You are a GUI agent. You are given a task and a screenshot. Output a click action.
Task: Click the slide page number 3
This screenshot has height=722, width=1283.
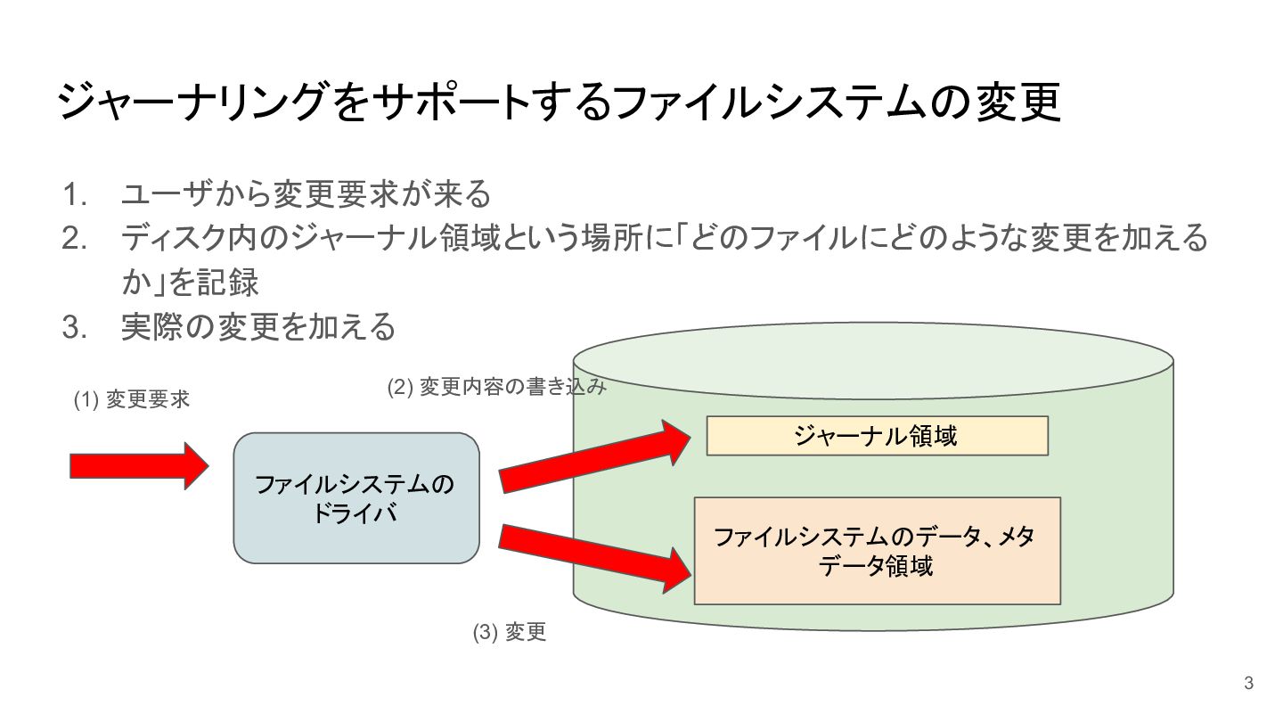(1248, 684)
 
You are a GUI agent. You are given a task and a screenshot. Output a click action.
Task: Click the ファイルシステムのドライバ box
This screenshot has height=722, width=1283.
(355, 498)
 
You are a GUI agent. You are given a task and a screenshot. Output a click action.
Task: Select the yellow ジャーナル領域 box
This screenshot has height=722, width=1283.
(876, 436)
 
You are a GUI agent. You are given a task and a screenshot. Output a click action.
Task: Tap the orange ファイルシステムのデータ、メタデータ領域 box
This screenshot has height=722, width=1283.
(876, 550)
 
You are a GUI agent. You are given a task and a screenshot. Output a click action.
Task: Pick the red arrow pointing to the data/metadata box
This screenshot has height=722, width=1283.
(594, 557)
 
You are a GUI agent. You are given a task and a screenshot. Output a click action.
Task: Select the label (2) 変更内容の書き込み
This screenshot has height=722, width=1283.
(497, 387)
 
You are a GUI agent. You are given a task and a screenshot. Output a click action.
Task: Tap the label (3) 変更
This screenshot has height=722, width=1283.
(508, 633)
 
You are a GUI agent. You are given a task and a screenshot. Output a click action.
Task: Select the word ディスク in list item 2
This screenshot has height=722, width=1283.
(178, 238)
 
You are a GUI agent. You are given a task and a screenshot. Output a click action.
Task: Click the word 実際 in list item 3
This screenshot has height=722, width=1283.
(151, 328)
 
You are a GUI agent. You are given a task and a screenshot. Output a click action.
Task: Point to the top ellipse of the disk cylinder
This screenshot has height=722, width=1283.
(873, 357)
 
